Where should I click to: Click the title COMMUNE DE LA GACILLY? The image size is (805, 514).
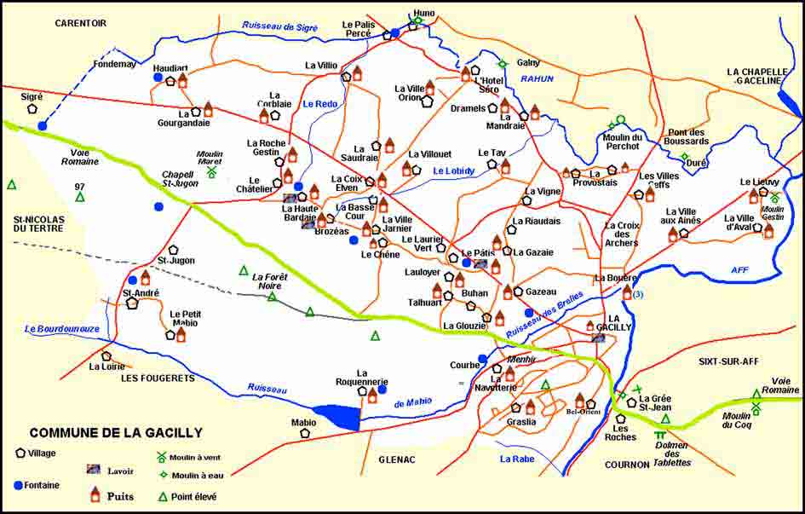pos(116,432)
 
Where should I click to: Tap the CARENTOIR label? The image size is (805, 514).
pos(80,23)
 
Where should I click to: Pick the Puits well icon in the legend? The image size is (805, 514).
pos(95,494)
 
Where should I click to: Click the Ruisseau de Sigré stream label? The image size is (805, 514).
pos(279,27)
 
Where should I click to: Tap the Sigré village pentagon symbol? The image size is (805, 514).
pos(32,109)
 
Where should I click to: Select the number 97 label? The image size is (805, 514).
pos(80,186)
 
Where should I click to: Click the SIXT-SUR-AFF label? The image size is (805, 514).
pos(727,361)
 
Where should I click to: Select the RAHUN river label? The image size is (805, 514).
pos(537,78)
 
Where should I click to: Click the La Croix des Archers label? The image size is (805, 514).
pos(621,234)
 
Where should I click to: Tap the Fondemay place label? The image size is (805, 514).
pos(114,63)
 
